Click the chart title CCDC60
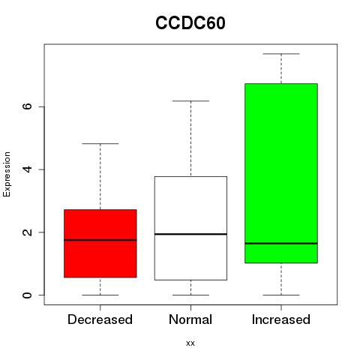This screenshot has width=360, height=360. pyautogui.click(x=190, y=23)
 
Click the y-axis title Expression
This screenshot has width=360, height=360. pyautogui.click(x=7, y=174)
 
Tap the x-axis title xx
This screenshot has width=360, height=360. pyautogui.click(x=190, y=343)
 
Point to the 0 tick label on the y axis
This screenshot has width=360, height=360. pyautogui.click(x=27, y=295)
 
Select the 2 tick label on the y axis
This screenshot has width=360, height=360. pyautogui.click(x=27, y=232)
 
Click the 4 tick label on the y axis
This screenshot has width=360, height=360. pyautogui.click(x=27, y=169)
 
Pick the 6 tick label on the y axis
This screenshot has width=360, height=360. pyautogui.click(x=27, y=106)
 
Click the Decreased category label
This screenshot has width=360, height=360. pyautogui.click(x=100, y=319)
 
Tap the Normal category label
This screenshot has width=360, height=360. pyautogui.click(x=190, y=319)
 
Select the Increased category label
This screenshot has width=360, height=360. pyautogui.click(x=281, y=319)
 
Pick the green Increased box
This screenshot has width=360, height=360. pyautogui.click(x=281, y=173)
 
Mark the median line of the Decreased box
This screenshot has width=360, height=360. pyautogui.click(x=100, y=240)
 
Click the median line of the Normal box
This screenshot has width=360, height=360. pyautogui.click(x=190, y=234)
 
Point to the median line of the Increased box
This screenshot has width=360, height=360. pyautogui.click(x=281, y=243)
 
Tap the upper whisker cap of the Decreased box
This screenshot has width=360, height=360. pyautogui.click(x=100, y=144)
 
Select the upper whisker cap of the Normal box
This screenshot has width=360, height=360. pyautogui.click(x=190, y=101)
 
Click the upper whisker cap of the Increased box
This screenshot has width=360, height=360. pyautogui.click(x=281, y=54)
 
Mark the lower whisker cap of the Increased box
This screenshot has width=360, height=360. pyautogui.click(x=281, y=295)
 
